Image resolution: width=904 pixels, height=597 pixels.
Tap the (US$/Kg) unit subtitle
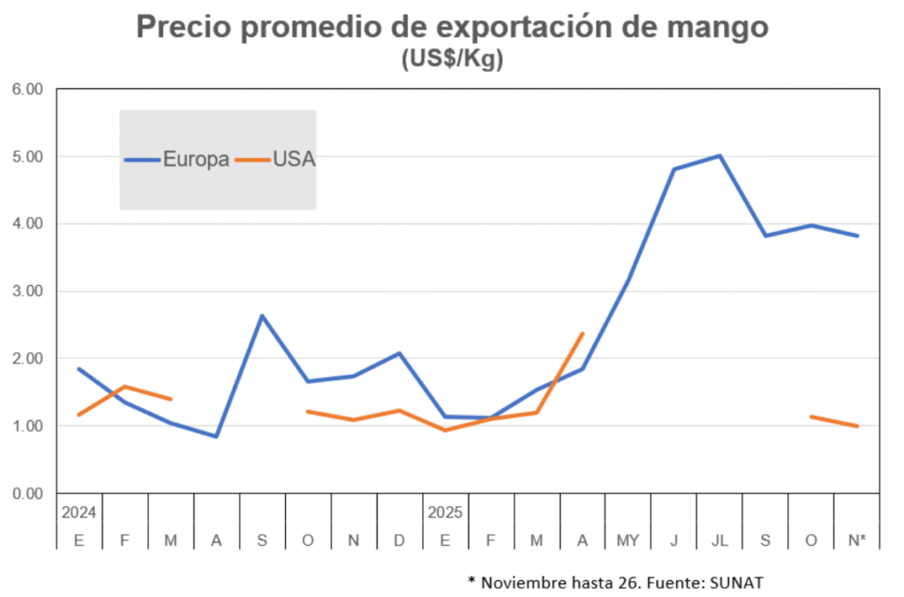click(x=451, y=60)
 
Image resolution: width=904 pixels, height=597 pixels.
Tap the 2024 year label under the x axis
click(x=79, y=512)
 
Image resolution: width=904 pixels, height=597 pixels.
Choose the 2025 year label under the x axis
click(x=445, y=512)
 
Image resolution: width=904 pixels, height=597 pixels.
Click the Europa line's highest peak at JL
click(x=719, y=156)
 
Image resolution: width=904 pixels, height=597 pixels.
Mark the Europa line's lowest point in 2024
click(x=216, y=436)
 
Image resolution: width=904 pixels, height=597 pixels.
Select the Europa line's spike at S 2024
click(x=262, y=316)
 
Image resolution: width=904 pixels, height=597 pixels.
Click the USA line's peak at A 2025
click(x=583, y=333)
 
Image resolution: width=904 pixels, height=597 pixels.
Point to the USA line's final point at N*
click(x=856, y=426)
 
